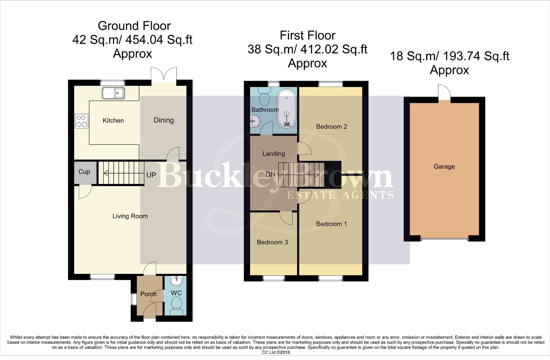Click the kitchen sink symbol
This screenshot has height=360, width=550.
(x=113, y=93)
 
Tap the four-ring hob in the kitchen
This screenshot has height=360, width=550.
(x=82, y=121)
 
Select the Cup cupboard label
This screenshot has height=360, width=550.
(x=84, y=172)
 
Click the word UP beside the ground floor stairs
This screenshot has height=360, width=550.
(x=151, y=175)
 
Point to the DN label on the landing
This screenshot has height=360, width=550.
(x=270, y=174)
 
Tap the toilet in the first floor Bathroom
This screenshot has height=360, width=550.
(x=264, y=96)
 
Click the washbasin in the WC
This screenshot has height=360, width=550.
(x=176, y=281)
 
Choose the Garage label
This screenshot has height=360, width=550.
(x=444, y=166)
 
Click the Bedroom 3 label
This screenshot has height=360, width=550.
(x=272, y=242)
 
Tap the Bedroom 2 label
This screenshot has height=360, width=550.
(x=331, y=127)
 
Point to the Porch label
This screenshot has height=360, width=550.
(x=148, y=294)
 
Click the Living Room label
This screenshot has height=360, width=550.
(x=130, y=216)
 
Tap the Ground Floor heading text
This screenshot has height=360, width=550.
(x=134, y=26)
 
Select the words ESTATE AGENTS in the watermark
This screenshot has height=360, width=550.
(x=340, y=195)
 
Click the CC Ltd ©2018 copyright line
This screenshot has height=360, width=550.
(x=276, y=352)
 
